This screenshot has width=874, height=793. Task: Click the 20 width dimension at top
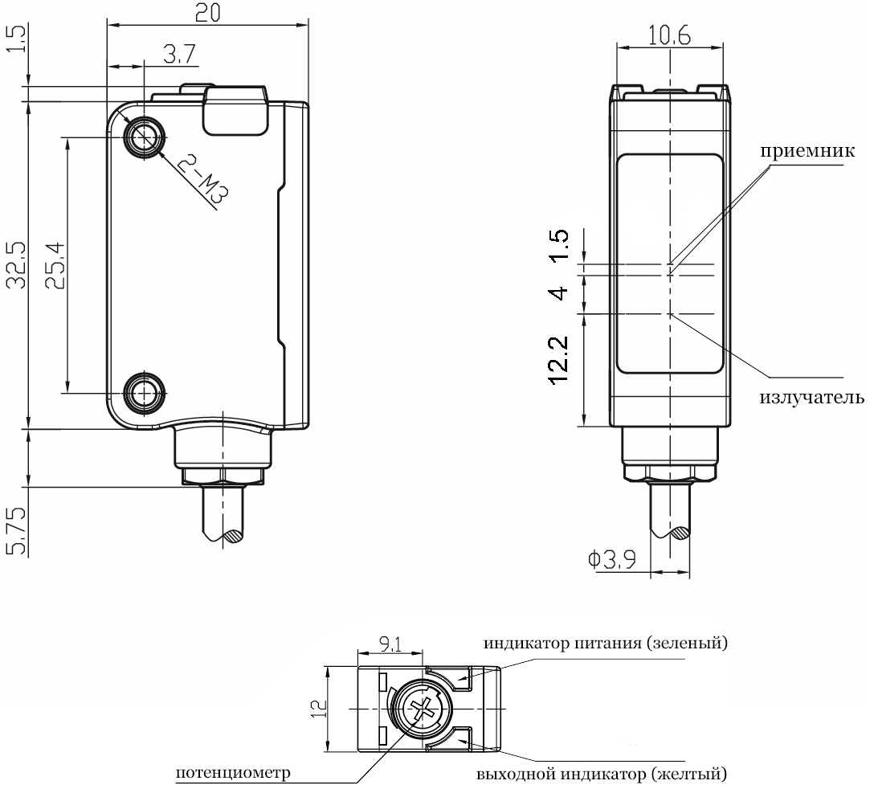[x=207, y=13]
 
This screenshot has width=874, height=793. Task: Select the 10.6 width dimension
[x=669, y=35]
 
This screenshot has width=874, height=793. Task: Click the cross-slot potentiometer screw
[x=421, y=709]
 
